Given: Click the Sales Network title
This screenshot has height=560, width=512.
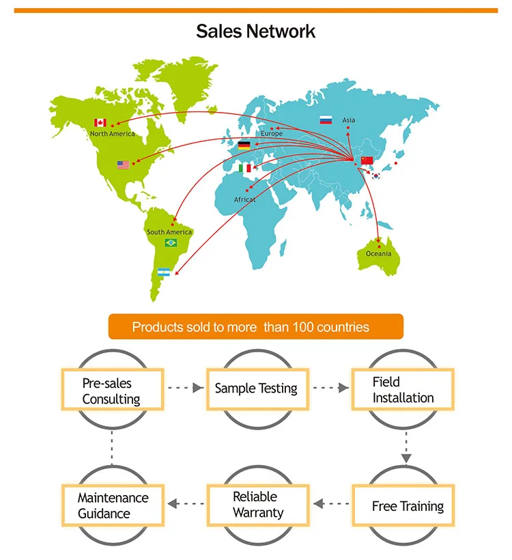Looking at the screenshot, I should pyautogui.click(x=256, y=31).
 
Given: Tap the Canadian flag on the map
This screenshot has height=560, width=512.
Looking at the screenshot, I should pyautogui.click(x=100, y=123).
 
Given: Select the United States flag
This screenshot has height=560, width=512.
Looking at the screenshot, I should pyautogui.click(x=123, y=165).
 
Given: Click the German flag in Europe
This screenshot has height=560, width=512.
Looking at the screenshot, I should pyautogui.click(x=244, y=145).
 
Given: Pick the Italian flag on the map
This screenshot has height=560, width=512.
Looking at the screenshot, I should pyautogui.click(x=246, y=168).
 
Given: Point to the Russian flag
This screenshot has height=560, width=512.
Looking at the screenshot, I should pyautogui.click(x=326, y=120).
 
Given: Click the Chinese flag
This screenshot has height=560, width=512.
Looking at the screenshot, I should pyautogui.click(x=367, y=160).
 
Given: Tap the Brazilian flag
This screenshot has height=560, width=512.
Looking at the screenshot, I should pyautogui.click(x=170, y=243).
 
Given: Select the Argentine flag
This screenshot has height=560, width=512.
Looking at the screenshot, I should pyautogui.click(x=164, y=272).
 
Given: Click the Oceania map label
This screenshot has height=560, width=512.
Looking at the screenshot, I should pyautogui.click(x=379, y=254).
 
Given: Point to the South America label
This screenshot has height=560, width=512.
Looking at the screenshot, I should pyautogui.click(x=169, y=232).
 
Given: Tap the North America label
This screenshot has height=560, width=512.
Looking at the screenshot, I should pyautogui.click(x=113, y=134).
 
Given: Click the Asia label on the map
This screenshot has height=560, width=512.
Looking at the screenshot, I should pyautogui.click(x=349, y=120).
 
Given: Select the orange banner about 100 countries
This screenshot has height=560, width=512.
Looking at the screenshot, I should pyautogui.click(x=256, y=327).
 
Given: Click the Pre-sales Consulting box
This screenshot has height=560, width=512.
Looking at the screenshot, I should pyautogui.click(x=112, y=391).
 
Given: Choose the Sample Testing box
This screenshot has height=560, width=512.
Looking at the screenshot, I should pyautogui.click(x=256, y=389).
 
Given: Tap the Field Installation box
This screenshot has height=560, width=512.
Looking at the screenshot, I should pyautogui.click(x=402, y=390).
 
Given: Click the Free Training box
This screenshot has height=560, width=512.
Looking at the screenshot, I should pyautogui.click(x=408, y=506).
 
